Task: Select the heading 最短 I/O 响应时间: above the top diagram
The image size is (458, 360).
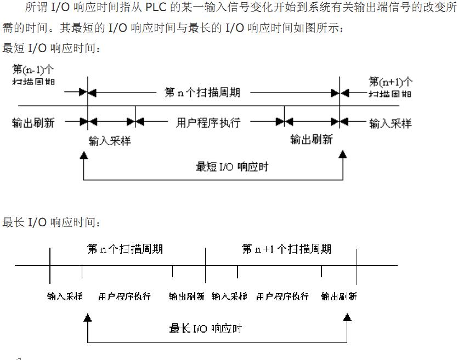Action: point(52,48)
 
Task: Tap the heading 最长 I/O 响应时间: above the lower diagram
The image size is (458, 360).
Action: point(52,222)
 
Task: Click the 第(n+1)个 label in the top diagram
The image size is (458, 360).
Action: point(391,82)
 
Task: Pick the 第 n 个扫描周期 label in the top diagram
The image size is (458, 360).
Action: point(202,92)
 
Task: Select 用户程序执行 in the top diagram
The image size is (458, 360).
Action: point(208,122)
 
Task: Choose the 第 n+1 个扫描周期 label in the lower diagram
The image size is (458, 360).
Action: point(286,249)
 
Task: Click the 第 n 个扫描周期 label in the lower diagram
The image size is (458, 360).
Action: point(125,249)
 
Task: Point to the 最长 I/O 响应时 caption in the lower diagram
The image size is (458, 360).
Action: point(206,328)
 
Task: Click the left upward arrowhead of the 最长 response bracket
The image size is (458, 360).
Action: point(87,317)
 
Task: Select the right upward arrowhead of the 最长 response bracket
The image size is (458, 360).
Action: point(347,317)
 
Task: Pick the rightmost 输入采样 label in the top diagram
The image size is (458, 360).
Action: point(390,123)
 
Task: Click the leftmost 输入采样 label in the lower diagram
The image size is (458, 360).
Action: point(65,296)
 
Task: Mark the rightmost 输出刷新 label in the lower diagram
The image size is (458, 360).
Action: point(339,296)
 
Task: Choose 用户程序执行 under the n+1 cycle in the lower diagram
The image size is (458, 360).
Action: point(282,296)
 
